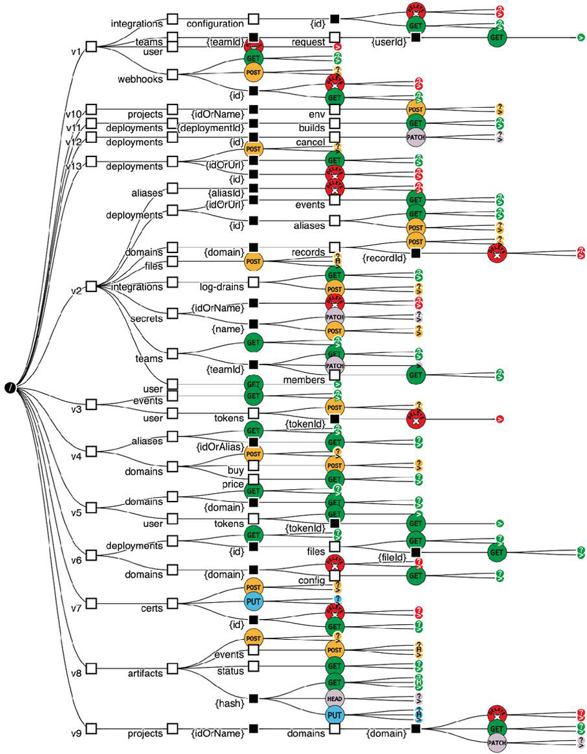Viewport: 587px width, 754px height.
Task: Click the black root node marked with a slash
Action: click(x=11, y=389)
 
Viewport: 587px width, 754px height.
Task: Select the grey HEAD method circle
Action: click(x=335, y=698)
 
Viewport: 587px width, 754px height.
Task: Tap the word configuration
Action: click(x=215, y=23)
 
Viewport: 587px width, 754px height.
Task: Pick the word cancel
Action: click(x=310, y=142)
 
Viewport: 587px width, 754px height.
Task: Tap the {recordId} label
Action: click(x=384, y=258)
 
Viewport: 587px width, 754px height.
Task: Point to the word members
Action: click(x=304, y=380)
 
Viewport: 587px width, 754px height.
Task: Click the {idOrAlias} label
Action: click(x=220, y=447)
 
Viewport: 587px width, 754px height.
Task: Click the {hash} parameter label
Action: click(x=229, y=703)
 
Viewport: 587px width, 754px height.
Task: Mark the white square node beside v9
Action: click(x=91, y=728)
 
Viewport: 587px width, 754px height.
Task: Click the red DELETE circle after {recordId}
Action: click(x=497, y=254)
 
